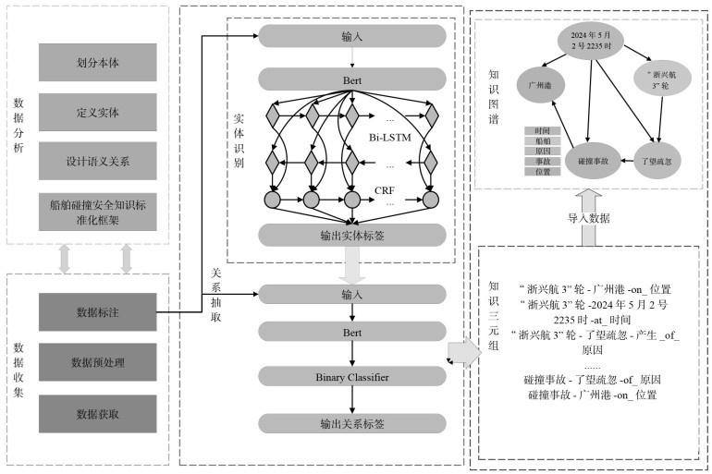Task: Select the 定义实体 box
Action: pos(98,112)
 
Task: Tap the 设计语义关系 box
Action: pos(98,161)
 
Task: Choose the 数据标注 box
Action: pos(98,312)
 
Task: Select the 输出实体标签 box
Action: pos(351,234)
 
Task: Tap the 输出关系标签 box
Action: pos(351,422)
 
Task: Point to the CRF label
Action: pos(385,191)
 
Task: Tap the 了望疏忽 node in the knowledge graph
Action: pos(658,159)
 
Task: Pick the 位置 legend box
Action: pos(543,172)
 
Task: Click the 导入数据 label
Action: pos(589,219)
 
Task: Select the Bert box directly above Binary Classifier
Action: pos(351,330)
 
